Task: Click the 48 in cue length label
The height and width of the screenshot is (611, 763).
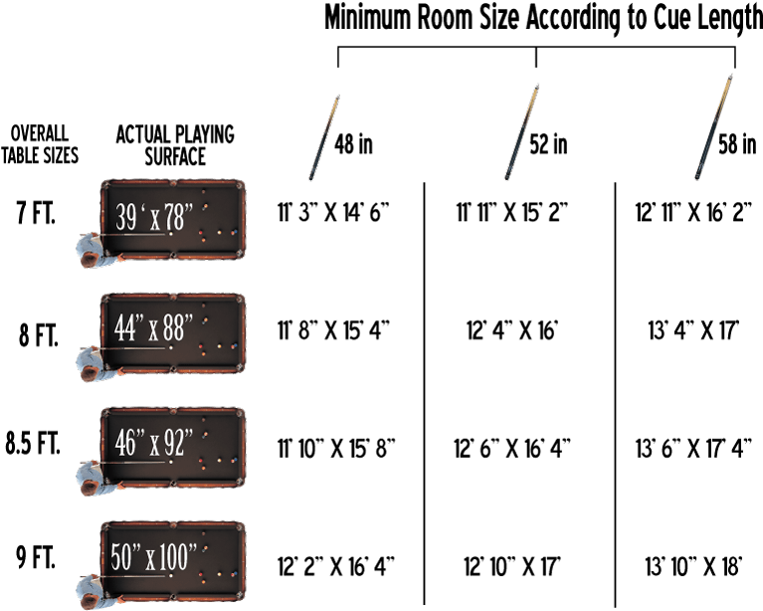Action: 353,144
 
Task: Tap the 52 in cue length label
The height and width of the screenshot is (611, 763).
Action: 548,144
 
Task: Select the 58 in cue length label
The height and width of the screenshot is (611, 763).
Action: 737,144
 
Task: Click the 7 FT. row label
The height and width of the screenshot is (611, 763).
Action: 36,213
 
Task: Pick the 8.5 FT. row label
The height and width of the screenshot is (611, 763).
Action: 33,443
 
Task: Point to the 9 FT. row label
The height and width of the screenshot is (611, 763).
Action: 36,557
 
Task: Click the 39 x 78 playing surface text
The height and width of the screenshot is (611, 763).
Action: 154,216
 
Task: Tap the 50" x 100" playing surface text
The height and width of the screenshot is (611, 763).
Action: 153,556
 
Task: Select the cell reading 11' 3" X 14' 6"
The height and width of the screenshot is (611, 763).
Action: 334,212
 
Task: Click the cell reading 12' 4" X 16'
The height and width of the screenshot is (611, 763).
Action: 512,330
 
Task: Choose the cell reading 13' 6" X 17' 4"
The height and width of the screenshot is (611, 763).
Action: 694,448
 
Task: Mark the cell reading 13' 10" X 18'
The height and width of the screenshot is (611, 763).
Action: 694,566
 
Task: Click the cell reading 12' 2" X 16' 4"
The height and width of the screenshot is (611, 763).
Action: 336,566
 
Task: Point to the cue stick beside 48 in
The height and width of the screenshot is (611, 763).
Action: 324,137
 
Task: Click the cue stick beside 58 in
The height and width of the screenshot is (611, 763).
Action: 714,126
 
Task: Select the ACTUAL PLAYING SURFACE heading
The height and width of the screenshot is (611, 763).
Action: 175,145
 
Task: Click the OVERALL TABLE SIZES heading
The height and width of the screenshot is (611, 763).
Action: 40,144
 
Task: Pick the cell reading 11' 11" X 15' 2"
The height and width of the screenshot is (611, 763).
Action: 512,212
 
